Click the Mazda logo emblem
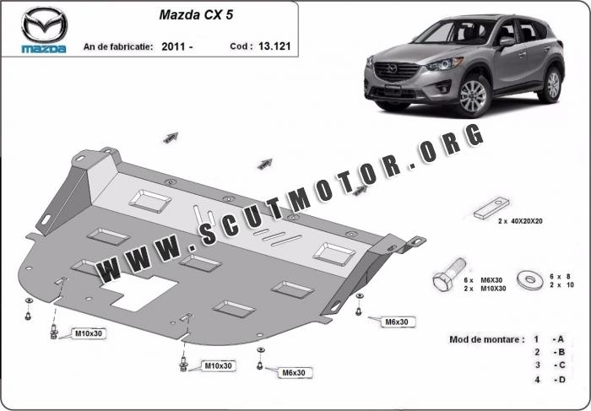[x=44, y=24]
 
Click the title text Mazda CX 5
[x=196, y=14]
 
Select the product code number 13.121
[x=274, y=46]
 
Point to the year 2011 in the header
[x=173, y=46]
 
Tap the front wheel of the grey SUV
[x=473, y=95]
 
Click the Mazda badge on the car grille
[x=392, y=69]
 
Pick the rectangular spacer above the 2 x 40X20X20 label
[x=491, y=208]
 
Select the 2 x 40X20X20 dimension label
[x=520, y=221]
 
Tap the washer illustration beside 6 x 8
[x=530, y=280]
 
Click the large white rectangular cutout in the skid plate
[x=138, y=291]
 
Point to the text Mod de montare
[x=486, y=339]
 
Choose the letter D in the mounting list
[x=561, y=380]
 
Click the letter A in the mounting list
[x=560, y=339]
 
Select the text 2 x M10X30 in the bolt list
[x=485, y=289]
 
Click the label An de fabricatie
[x=118, y=46]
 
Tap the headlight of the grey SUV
[x=445, y=64]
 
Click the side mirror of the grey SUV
[x=507, y=42]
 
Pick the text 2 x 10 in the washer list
[x=561, y=285]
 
